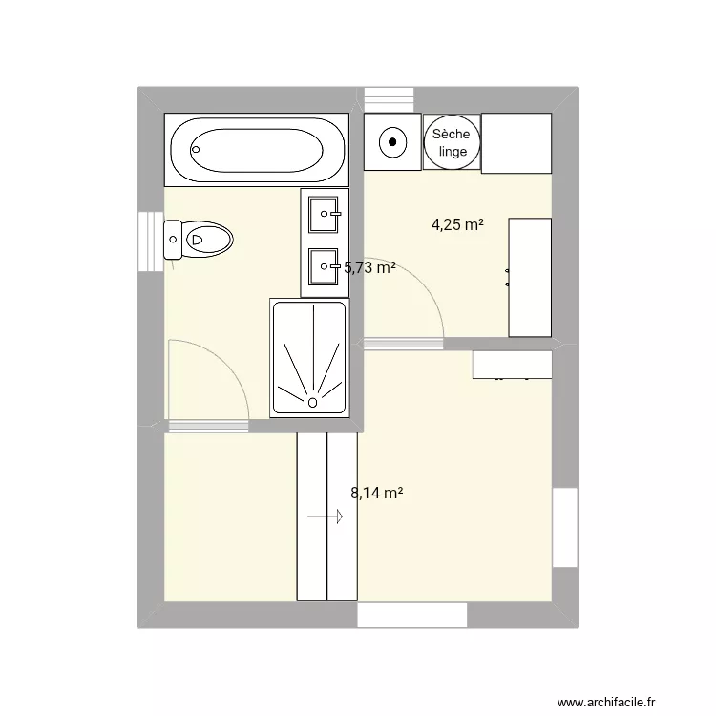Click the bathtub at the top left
(x=258, y=149)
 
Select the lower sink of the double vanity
(x=326, y=265)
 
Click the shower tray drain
(x=312, y=403)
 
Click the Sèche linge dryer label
(x=452, y=143)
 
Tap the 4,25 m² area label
(x=457, y=225)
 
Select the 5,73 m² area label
(x=369, y=268)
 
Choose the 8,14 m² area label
(x=376, y=494)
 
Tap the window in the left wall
(x=151, y=241)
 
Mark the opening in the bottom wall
(x=413, y=616)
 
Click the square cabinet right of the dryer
(x=516, y=143)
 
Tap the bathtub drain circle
(x=197, y=149)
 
